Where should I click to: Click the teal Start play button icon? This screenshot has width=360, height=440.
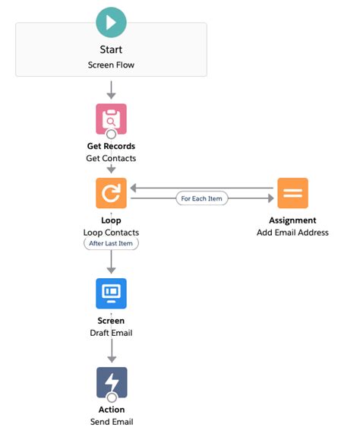pyautogui.click(x=111, y=23)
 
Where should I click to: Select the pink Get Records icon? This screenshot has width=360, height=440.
pyautogui.click(x=111, y=119)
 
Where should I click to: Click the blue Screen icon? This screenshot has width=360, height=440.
pyautogui.click(x=111, y=293)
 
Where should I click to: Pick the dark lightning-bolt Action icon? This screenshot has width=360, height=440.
pyautogui.click(x=111, y=382)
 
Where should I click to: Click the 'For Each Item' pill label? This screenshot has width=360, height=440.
pyautogui.click(x=202, y=199)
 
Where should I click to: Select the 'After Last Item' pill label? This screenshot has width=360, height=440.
pyautogui.click(x=111, y=244)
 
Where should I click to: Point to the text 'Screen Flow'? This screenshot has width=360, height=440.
pyautogui.click(x=111, y=65)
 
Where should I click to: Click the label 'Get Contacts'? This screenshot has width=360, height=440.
pyautogui.click(x=111, y=158)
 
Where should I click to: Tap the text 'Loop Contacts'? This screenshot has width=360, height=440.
pyautogui.click(x=111, y=232)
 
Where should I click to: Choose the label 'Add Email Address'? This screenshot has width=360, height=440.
pyautogui.click(x=292, y=232)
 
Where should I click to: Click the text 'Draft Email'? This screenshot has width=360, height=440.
pyautogui.click(x=111, y=333)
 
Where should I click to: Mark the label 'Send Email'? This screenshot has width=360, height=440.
pyautogui.click(x=111, y=422)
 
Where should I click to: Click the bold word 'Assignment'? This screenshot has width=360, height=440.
pyautogui.click(x=292, y=220)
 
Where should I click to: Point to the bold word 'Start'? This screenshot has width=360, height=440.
pyautogui.click(x=111, y=50)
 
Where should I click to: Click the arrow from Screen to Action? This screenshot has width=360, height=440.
pyautogui.click(x=111, y=352)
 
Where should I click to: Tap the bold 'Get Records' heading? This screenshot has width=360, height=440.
pyautogui.click(x=111, y=146)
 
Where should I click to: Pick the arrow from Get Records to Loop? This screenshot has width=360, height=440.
pyautogui.click(x=111, y=169)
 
